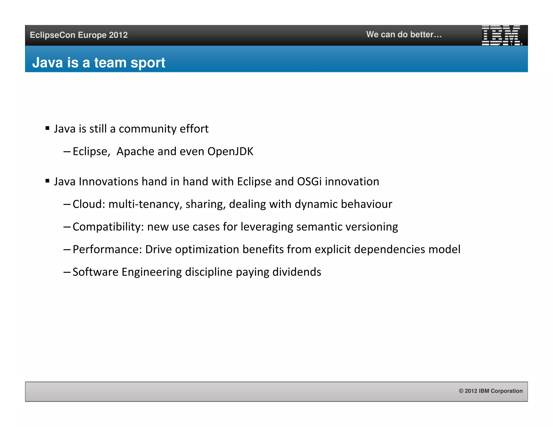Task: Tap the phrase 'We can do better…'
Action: (x=404, y=35)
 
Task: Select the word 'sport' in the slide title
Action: (x=148, y=63)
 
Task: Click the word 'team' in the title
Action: (x=110, y=63)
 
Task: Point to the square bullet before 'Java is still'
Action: (x=48, y=128)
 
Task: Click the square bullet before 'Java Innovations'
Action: (x=48, y=181)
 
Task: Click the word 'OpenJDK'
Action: (x=230, y=151)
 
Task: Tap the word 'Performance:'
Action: (x=107, y=249)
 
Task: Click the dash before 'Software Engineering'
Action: (x=67, y=272)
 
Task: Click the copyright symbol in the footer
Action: (x=461, y=391)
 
